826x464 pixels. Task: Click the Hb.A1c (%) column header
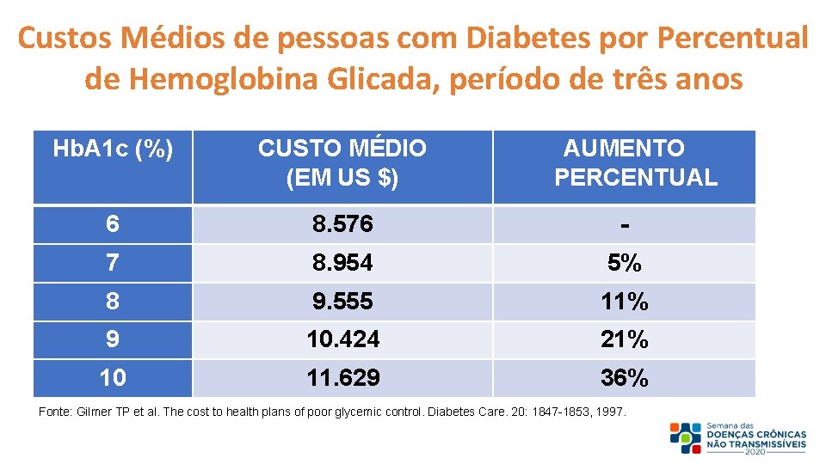113,150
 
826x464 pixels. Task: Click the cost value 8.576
342,225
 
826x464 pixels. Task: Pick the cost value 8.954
342,264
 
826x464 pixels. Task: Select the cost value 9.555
342,302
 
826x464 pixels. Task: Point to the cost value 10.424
342,340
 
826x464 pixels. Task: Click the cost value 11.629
342,378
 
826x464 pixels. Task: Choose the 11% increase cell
624,302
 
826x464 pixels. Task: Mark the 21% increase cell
624,340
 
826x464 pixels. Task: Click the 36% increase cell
624,378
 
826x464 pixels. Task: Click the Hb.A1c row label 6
113,225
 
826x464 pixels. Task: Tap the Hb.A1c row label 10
113,378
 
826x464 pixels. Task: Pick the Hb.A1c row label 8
113,302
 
